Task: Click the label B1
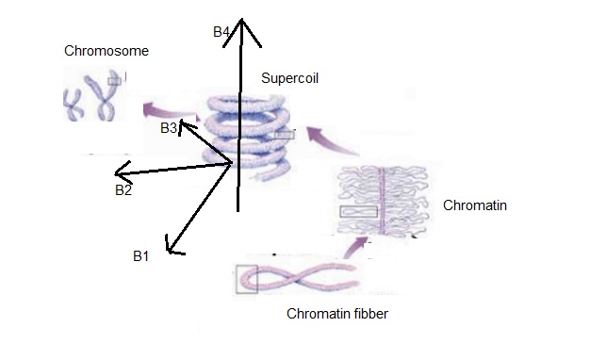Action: tap(142, 255)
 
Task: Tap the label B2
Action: tap(123, 190)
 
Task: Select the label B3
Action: tap(169, 128)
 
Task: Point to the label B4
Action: tap(222, 32)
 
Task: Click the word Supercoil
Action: tap(289, 79)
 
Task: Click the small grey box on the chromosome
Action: tap(114, 81)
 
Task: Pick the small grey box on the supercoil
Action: tap(285, 135)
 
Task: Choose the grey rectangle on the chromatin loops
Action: tap(358, 211)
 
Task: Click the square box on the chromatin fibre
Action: tap(246, 280)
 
